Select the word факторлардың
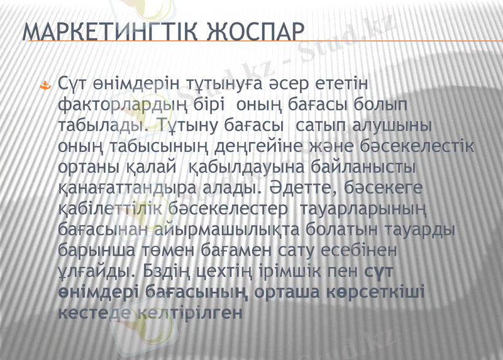126,104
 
